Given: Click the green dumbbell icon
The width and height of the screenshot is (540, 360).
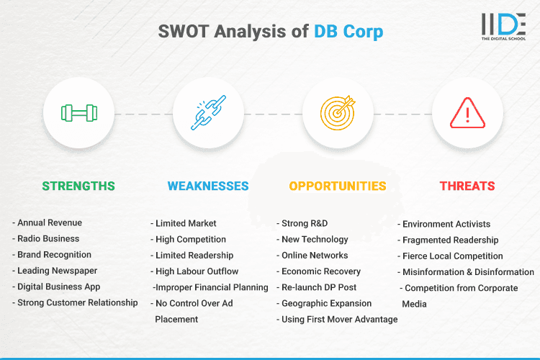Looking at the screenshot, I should click(78, 113).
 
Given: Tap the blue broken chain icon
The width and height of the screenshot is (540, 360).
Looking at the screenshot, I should click(208, 113).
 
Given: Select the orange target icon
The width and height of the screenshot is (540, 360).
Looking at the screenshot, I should click(338, 113).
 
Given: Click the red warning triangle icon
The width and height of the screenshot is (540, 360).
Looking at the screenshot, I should click(467, 113).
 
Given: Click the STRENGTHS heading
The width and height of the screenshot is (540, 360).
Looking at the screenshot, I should click(78, 186).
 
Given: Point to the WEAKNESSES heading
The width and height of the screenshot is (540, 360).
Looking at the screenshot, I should click(208, 186).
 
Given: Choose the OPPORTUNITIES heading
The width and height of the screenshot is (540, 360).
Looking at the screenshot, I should click(338, 186).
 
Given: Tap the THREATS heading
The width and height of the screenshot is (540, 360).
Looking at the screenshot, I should click(467, 186).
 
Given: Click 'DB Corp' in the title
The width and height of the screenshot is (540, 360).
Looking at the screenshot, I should click(348, 32).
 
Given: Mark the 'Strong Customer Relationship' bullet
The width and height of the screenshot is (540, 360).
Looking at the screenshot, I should click(75, 302).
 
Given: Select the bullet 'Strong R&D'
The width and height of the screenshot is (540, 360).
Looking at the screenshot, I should click(305, 223).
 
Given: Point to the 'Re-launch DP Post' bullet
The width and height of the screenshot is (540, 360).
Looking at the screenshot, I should click(320, 287).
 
